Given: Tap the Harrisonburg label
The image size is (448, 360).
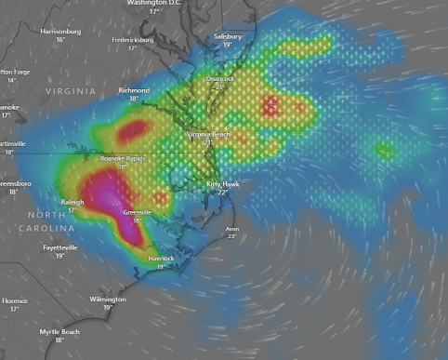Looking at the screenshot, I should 60,32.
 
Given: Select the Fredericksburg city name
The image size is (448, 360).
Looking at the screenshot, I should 132,40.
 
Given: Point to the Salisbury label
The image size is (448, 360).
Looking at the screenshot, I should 227,36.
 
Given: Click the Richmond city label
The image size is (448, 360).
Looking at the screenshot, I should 134,90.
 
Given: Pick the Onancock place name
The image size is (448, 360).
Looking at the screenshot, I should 219,79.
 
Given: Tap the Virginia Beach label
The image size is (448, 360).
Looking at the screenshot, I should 208,135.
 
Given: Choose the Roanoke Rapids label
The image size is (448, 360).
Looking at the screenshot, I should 123,159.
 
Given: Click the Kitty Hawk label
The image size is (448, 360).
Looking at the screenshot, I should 222,184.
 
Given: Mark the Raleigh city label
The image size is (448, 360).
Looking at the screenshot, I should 72,202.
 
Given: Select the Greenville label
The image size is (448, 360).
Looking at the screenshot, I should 138,212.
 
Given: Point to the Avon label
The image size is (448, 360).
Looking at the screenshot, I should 231,228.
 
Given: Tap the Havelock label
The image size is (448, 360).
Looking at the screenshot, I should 161,259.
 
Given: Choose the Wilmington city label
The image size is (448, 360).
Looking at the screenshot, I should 108,300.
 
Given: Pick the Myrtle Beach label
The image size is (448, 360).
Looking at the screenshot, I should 59,332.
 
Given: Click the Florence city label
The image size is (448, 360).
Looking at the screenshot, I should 14,301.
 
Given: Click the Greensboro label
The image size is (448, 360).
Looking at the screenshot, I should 14,184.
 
